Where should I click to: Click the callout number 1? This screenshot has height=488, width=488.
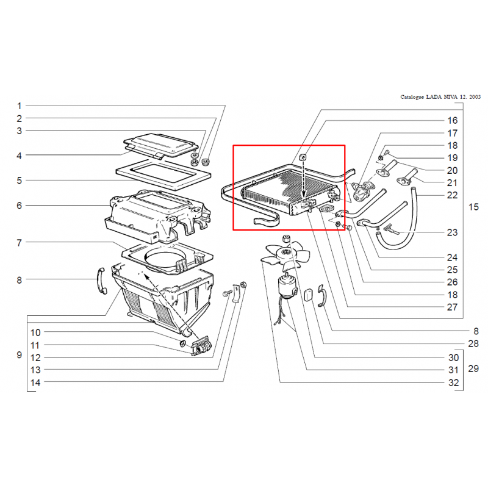point(20,106)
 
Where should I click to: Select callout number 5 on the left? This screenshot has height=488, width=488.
point(20,181)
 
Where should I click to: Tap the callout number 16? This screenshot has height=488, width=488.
point(452,120)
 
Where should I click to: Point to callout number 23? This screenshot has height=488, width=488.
point(452,232)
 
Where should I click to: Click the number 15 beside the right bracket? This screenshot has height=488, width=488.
point(473,207)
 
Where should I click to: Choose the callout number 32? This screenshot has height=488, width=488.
point(453,382)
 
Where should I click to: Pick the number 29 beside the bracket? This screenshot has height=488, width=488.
point(473,369)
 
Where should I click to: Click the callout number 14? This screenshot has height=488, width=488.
point(35,382)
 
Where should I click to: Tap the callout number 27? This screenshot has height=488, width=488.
point(452,307)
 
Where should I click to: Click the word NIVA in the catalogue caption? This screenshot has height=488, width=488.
point(451,97)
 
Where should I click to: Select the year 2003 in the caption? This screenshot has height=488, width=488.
point(475,97)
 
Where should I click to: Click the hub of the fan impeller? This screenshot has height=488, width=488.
point(285,253)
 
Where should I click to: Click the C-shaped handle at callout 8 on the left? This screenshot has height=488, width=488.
point(101,280)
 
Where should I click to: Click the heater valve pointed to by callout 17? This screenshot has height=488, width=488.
point(362,191)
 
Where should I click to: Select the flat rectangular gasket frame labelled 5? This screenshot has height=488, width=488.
point(163,174)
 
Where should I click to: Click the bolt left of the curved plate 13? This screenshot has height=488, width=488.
point(228,293)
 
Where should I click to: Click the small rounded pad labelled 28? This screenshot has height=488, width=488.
point(308,294)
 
